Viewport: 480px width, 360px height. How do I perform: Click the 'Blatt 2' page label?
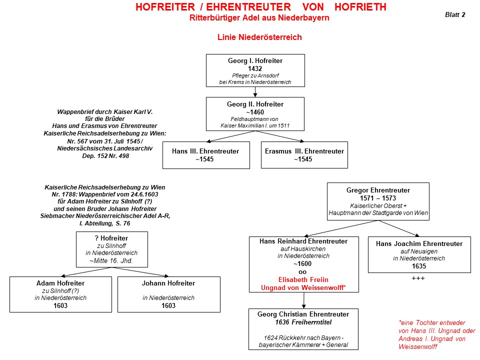coord(455,14)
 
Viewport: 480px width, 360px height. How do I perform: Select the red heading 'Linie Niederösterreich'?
coord(259,37)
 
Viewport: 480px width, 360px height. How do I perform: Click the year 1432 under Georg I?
coord(255,68)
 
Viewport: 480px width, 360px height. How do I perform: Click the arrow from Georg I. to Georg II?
coord(255,92)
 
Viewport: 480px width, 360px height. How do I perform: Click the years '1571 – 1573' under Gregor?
coord(378,198)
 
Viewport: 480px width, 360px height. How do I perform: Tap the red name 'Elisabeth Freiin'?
coord(303,280)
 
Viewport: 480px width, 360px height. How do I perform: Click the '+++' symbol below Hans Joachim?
coord(418,278)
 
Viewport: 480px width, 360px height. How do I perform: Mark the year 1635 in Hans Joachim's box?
coord(419,266)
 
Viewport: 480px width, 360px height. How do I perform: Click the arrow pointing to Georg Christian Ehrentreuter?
coord(303,300)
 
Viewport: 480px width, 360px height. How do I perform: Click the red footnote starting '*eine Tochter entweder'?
coord(436,334)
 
